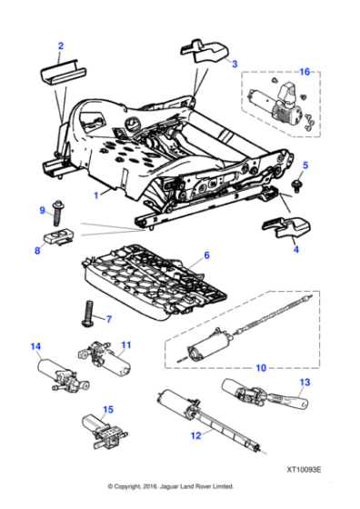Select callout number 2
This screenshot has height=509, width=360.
(x=61, y=45)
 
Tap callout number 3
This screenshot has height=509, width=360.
(x=234, y=65)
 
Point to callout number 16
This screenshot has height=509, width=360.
(x=304, y=71)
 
